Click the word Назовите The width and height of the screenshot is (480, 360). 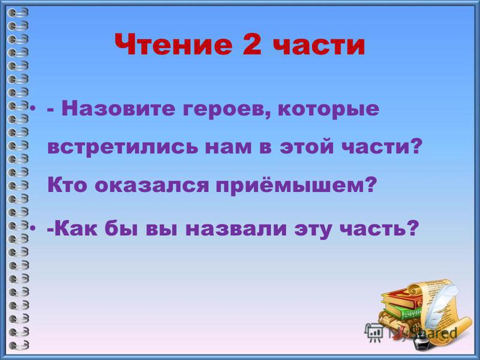tap(118, 109)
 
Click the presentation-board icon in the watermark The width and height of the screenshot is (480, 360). tap(374, 332)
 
